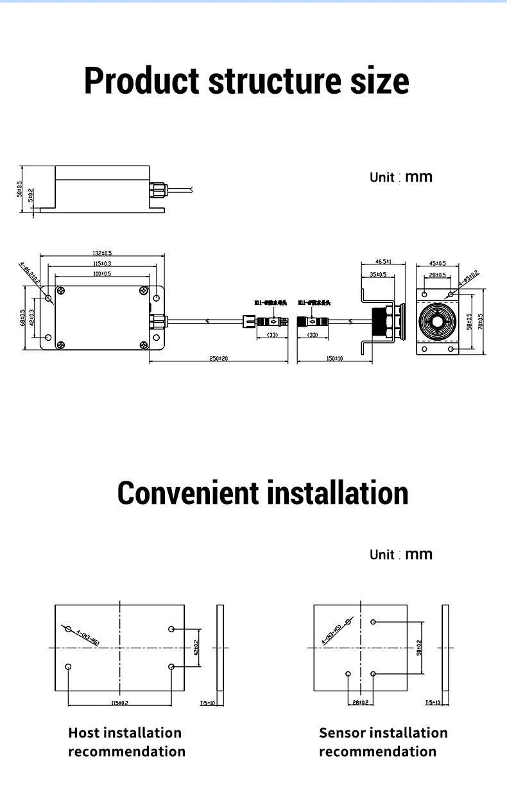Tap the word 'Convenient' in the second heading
(x=188, y=493)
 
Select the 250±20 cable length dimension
(x=219, y=359)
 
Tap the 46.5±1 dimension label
(x=383, y=262)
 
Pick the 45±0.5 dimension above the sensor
(x=437, y=263)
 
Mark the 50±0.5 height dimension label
(x=20, y=190)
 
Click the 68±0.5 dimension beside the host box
(x=22, y=318)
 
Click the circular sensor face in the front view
(x=437, y=320)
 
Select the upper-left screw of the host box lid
(x=61, y=291)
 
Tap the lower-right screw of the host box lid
(x=143, y=344)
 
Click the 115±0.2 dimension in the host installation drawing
(x=120, y=703)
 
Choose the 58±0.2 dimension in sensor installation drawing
(x=419, y=648)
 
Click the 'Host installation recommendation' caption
(x=126, y=742)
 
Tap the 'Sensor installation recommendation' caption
(x=383, y=742)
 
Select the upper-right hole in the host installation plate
(x=171, y=629)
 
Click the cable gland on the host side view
(x=157, y=190)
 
